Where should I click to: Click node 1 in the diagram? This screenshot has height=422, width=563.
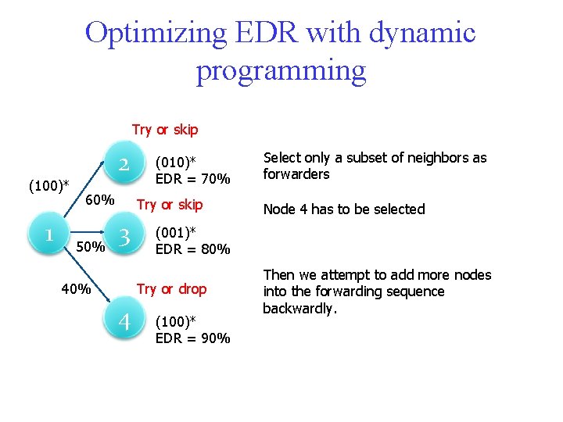coord(48,234)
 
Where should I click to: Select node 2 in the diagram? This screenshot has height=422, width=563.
coord(124,165)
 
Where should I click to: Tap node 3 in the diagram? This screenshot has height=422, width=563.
coord(124,236)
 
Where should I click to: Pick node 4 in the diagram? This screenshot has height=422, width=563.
coord(124,322)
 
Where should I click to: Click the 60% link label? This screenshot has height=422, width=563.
coord(101,201)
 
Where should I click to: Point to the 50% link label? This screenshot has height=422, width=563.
coord(91,248)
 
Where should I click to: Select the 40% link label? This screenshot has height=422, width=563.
coord(77,289)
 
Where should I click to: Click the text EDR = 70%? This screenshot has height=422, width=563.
coord(192,180)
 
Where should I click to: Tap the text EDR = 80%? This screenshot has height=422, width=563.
coord(192,249)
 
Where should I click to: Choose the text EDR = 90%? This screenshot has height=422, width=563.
coord(192,338)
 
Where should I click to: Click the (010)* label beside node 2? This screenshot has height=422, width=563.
coord(176,163)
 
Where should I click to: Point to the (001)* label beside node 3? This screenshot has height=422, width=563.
coord(175,233)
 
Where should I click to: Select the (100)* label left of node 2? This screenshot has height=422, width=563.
coord(48,186)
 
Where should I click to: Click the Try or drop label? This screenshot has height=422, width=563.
coord(171,289)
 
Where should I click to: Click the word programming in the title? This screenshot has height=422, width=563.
coord(281,70)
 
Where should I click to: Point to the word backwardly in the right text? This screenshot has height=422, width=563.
coord(299,309)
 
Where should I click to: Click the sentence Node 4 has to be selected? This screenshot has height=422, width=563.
coord(344,209)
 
